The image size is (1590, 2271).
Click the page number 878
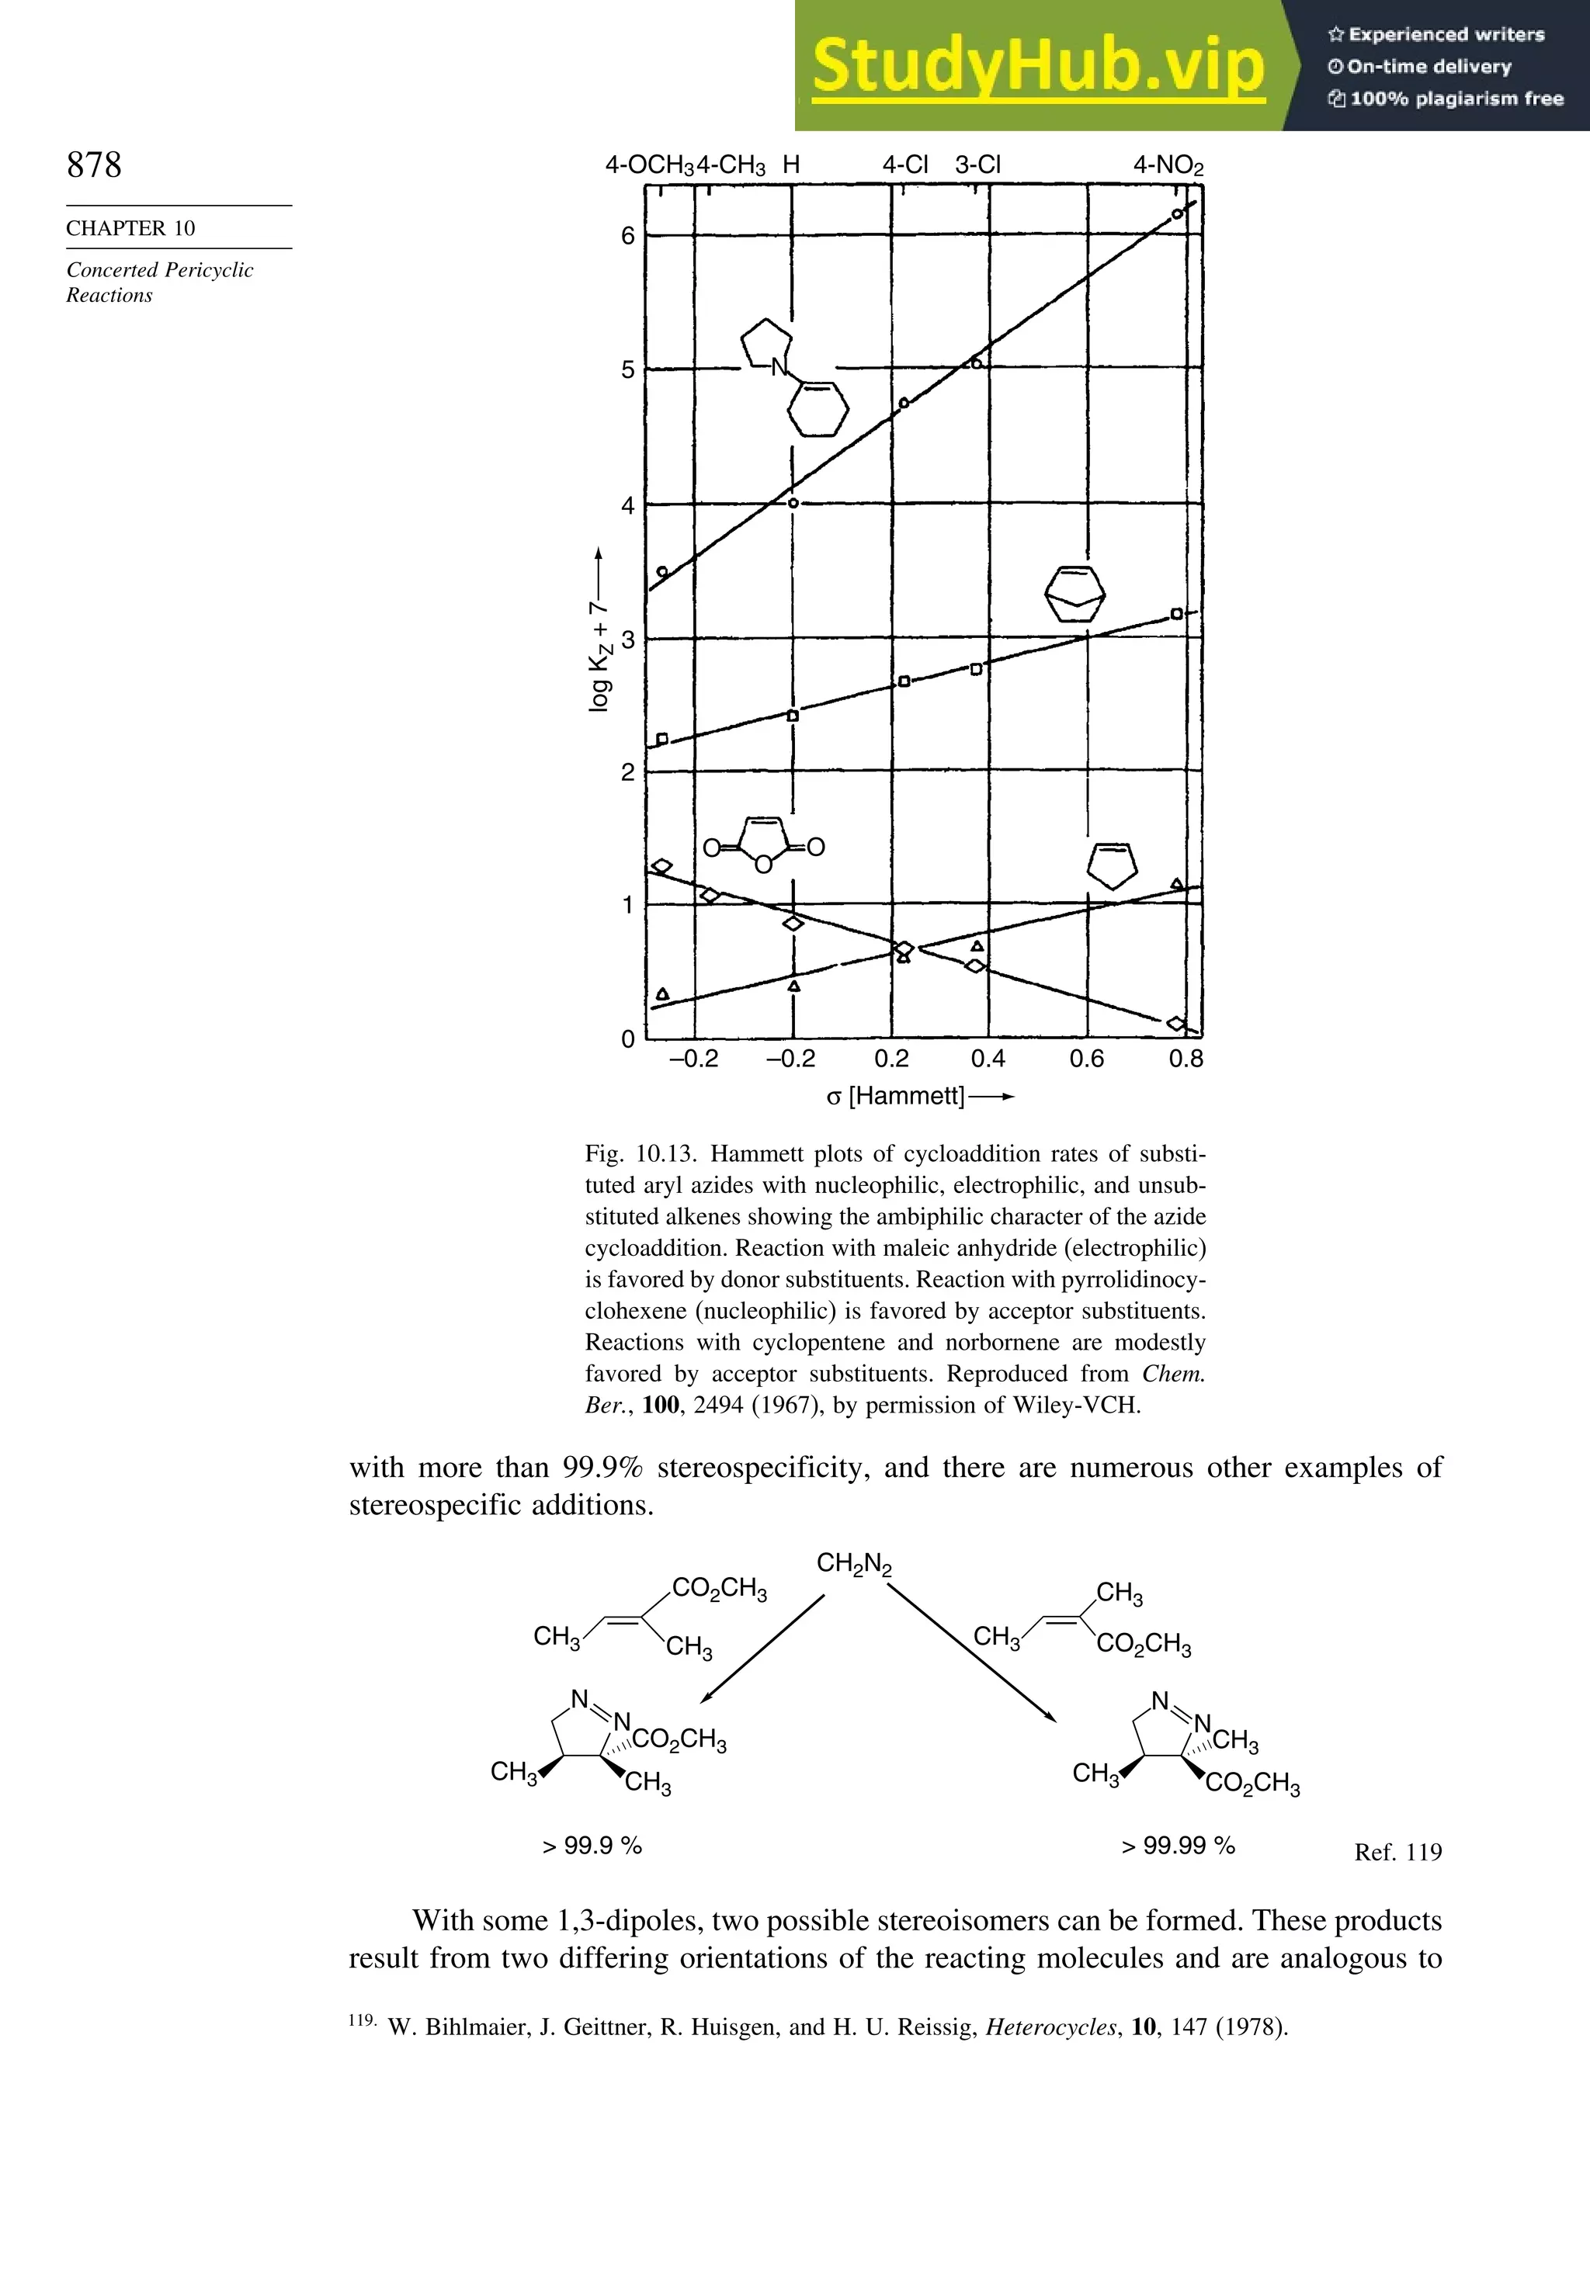tap(94, 165)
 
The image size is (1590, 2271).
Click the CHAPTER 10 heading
tap(130, 228)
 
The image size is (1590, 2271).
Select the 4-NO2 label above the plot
tap(1168, 165)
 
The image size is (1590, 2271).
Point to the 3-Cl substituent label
tap(977, 165)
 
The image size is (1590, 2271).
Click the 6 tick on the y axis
tap(627, 237)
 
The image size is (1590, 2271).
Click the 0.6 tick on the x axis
tap(1086, 1059)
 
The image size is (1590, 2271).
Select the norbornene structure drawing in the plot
tap(1074, 594)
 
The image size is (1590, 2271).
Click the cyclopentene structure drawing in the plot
tap(1112, 865)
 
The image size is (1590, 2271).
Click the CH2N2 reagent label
tap(854, 1564)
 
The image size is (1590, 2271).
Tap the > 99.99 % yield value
tap(1178, 1846)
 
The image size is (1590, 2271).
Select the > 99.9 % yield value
tap(592, 1846)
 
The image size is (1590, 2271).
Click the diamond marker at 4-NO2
tap(1176, 1023)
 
